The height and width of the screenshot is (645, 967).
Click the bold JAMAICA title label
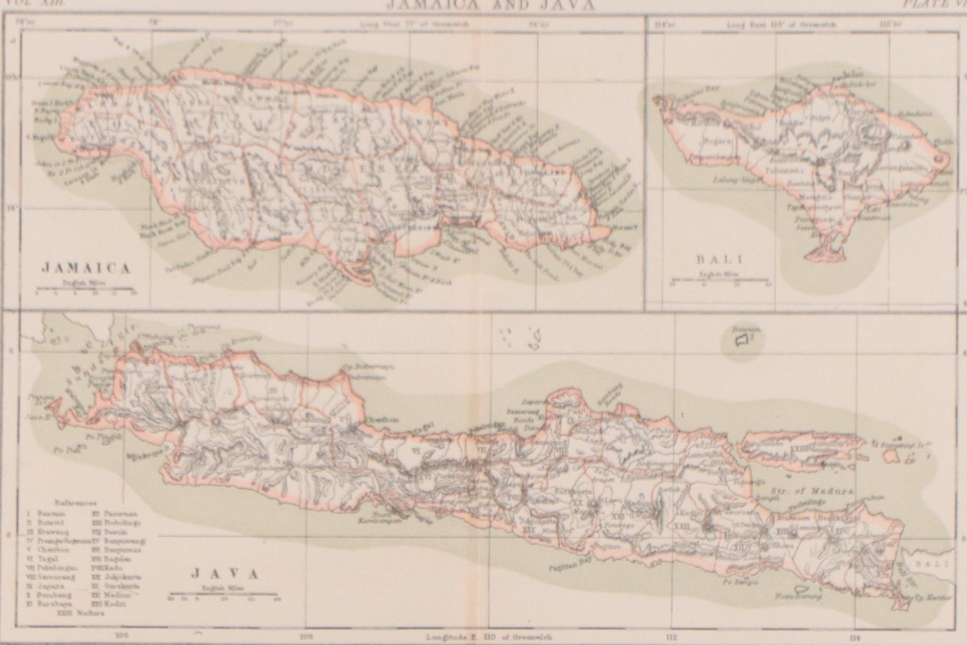point(86,268)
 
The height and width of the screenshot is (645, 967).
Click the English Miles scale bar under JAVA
point(224,597)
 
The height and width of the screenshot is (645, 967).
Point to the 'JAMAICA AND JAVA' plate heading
point(490,5)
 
